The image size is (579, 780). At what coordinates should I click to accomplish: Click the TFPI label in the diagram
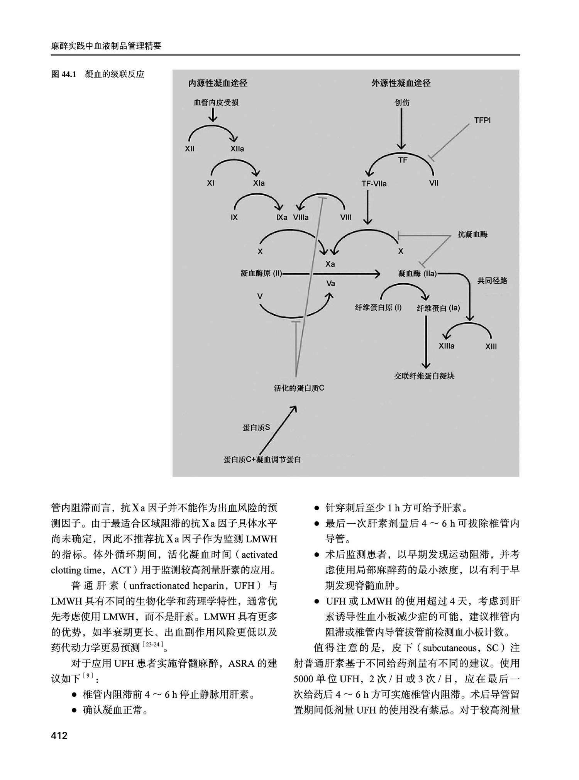[482, 120]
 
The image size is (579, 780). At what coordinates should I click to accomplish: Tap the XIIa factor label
[237, 149]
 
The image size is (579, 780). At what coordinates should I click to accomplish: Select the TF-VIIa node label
[374, 184]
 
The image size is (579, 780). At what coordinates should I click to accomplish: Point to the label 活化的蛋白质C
[299, 388]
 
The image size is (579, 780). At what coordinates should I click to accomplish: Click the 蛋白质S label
[256, 428]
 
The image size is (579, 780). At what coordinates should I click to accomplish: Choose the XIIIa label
[447, 346]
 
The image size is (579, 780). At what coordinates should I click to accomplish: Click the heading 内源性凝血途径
[218, 83]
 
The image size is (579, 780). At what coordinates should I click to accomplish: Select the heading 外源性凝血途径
[401, 83]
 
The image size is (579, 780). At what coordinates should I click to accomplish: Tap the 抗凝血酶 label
[472, 234]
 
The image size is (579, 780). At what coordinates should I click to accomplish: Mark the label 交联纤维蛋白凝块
[424, 376]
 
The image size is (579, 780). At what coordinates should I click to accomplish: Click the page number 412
[59, 736]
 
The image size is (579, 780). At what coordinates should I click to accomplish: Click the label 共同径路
[492, 281]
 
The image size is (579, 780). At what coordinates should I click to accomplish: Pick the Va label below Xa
[330, 284]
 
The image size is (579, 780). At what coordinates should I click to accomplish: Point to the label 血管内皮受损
[216, 103]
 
